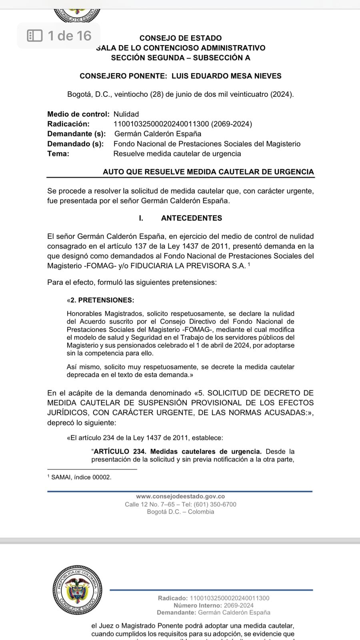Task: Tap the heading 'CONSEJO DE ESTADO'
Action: tap(180, 38)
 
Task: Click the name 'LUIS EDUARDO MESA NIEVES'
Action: tap(226, 76)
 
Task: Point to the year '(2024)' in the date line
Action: tap(281, 94)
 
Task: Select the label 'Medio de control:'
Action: tap(78, 114)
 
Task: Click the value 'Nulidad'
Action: tap(126, 114)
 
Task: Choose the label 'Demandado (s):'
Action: tap(75, 144)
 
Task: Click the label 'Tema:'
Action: tap(58, 154)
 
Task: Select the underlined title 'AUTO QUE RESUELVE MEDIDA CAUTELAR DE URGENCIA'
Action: tap(208, 172)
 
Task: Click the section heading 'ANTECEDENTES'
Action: tap(191, 218)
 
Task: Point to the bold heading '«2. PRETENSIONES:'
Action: tap(100, 300)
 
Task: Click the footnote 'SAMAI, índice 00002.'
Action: tap(81, 477)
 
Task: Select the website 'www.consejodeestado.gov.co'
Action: tap(180, 496)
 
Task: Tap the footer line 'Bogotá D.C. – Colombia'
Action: tap(180, 512)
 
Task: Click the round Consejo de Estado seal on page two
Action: tap(77, 590)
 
